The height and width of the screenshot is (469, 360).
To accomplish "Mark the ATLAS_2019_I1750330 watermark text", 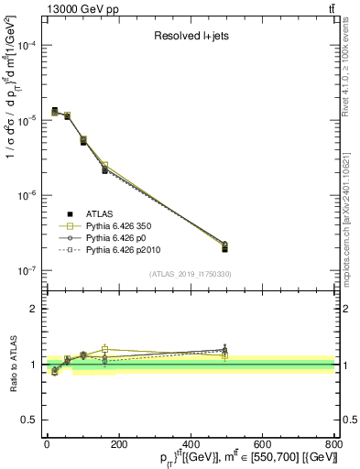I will [191, 275].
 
